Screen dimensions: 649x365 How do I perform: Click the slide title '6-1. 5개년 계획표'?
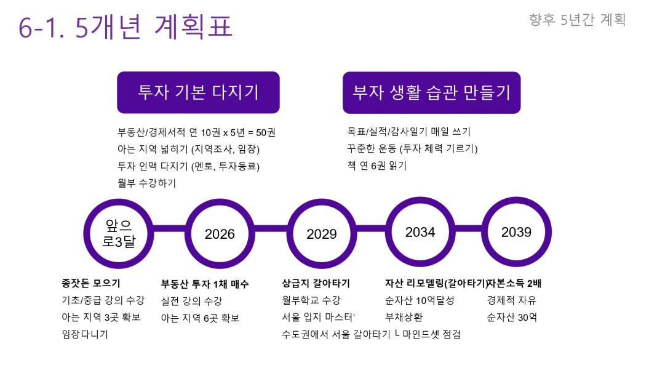pos(125,26)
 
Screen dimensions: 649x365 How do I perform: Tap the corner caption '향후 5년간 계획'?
pos(578,20)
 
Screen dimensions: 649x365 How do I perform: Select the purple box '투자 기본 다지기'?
pos(198,92)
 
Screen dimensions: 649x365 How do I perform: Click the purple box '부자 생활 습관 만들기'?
pos(431,92)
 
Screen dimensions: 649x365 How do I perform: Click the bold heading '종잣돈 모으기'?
pos(91,283)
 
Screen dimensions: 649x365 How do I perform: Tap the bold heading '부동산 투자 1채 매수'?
pos(205,284)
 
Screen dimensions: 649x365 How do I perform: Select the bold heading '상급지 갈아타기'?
pos(316,283)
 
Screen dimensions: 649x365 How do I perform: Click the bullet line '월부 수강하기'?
pos(147,183)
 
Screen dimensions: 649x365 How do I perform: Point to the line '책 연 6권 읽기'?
pos(377,166)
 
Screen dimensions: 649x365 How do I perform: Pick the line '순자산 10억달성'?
pos(420,300)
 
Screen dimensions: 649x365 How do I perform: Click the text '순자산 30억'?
pos(512,318)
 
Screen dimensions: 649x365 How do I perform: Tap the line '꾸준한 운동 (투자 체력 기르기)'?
pos(412,149)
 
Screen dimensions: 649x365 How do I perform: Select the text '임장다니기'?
pos(85,334)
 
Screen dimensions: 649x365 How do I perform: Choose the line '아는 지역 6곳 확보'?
pos(201,318)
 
